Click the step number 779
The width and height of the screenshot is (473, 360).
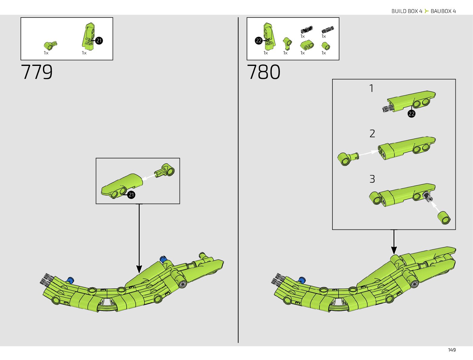37,72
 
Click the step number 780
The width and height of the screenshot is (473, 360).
264,72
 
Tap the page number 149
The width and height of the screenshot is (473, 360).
452,350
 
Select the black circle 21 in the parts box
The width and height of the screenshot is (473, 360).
99,41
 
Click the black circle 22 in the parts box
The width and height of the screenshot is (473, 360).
259,41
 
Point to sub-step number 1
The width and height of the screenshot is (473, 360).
371,88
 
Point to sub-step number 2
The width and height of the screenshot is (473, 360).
372,134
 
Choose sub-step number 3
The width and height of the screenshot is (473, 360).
372,179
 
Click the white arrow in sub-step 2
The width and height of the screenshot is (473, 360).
368,153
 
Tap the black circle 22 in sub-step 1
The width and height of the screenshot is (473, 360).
411,114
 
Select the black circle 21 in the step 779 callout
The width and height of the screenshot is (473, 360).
131,195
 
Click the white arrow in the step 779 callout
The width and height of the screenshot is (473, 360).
148,177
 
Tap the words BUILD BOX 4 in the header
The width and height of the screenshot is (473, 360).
407,11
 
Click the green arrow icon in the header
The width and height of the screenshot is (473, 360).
426,11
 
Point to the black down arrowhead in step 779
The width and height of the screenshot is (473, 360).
139,269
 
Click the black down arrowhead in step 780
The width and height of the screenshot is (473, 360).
394,250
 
